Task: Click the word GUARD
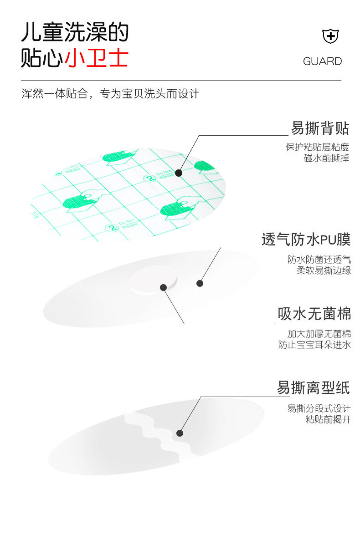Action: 322,61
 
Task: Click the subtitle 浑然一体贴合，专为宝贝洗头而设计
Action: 110,94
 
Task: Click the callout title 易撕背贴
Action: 320,128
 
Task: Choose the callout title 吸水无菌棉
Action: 314,314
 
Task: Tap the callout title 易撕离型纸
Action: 314,388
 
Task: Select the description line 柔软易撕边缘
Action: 324,270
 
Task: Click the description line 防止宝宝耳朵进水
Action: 314,345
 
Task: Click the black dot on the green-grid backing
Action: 179,173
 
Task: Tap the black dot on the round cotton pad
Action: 163,287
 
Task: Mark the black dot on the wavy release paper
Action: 180,433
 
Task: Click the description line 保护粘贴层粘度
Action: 317,147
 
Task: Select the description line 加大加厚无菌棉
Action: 319,334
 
